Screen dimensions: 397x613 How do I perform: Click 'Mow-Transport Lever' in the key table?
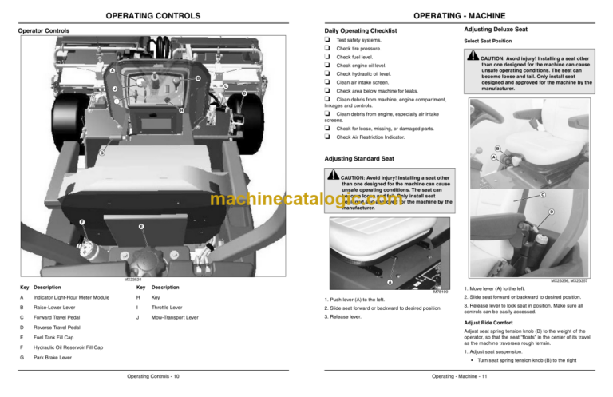coord(180,316)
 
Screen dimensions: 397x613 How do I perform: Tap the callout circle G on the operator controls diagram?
coord(101,152)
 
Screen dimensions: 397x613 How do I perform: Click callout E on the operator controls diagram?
coord(141,228)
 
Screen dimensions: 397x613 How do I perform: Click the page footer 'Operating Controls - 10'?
coord(153,376)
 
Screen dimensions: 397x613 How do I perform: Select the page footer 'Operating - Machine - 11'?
coord(460,376)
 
